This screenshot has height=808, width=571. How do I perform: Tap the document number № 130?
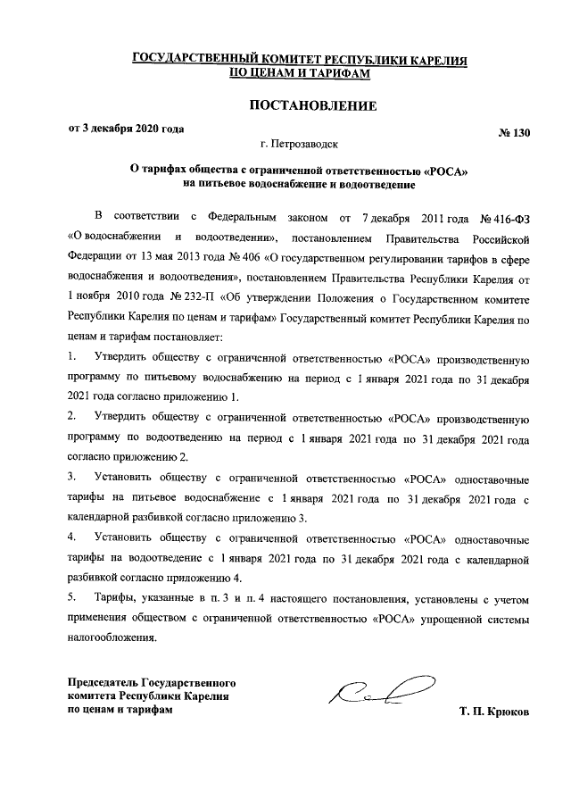pyautogui.click(x=514, y=134)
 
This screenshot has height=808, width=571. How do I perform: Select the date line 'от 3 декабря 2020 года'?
pyautogui.click(x=127, y=129)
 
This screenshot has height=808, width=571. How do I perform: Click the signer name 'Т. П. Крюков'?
pyautogui.click(x=494, y=712)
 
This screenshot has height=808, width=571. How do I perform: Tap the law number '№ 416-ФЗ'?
pyautogui.click(x=506, y=218)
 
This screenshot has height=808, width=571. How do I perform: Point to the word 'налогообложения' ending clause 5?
pyautogui.click(x=111, y=637)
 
